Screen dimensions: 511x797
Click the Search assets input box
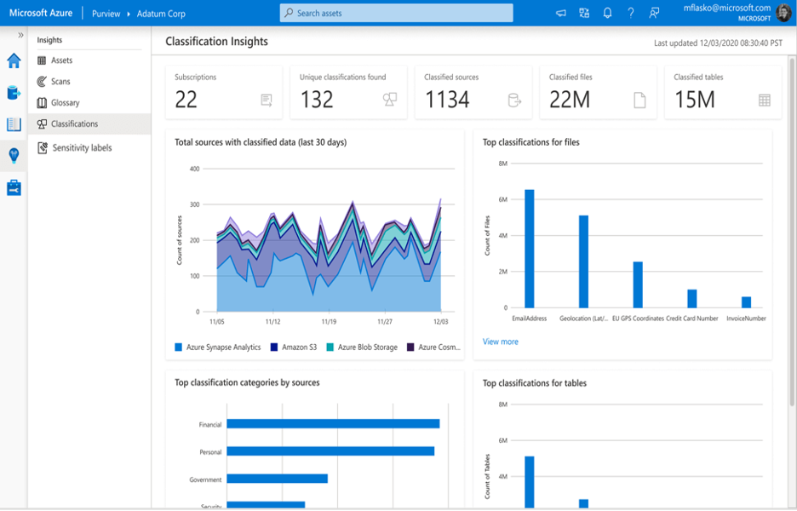tap(396, 14)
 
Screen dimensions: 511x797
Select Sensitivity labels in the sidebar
tap(82, 148)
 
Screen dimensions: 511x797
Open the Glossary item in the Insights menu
tap(65, 103)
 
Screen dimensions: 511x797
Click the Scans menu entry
tap(60, 82)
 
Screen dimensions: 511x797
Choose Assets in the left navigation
tap(61, 60)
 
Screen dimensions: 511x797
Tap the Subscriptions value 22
tap(186, 100)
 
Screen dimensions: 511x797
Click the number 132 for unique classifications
tap(317, 100)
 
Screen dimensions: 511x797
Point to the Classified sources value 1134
tap(447, 100)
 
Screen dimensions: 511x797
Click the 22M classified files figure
tap(570, 100)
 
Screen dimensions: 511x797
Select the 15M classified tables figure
tap(694, 100)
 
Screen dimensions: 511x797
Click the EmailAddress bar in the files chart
tap(529, 249)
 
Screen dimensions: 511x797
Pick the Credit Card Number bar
tap(691, 298)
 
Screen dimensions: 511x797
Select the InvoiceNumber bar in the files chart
tap(746, 301)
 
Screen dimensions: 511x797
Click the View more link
tap(500, 342)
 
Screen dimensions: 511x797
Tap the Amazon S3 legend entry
tap(299, 347)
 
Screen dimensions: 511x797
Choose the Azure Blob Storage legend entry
tap(366, 347)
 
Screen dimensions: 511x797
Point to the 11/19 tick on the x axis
tap(328, 323)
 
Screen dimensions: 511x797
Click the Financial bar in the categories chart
tap(333, 423)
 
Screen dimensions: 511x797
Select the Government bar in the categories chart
tap(277, 479)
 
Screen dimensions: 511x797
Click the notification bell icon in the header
tap(607, 14)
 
